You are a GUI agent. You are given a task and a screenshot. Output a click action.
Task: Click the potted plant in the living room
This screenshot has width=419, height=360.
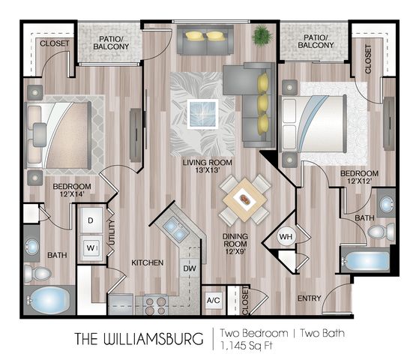(x=262, y=35)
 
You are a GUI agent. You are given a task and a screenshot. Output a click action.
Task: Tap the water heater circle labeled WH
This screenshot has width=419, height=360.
(x=286, y=236)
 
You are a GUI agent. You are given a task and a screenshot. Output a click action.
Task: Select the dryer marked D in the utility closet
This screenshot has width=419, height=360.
(x=91, y=220)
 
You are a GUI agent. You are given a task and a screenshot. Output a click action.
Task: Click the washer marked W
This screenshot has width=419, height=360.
(x=91, y=248)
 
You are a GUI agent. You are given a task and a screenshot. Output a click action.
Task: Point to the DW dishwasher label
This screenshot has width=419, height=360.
(x=190, y=268)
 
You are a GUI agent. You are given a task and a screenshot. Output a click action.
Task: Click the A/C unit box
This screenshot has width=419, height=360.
(x=213, y=300)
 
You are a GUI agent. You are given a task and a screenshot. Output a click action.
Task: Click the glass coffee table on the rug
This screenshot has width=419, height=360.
(x=202, y=114)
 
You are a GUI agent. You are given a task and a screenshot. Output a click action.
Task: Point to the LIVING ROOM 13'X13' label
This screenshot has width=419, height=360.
(x=208, y=166)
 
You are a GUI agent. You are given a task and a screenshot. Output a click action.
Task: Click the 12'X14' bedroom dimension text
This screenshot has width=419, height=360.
(x=72, y=194)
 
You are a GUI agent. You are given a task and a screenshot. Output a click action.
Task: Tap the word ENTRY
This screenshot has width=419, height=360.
(x=309, y=298)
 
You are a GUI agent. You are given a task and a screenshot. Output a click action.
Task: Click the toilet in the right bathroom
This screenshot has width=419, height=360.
(x=381, y=231)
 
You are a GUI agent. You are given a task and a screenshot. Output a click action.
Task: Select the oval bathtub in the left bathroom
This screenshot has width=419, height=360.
(x=49, y=300)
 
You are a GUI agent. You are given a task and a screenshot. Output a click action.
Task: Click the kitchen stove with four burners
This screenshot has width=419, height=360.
(x=155, y=305)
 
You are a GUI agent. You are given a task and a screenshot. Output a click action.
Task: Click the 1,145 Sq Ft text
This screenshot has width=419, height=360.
(x=246, y=346)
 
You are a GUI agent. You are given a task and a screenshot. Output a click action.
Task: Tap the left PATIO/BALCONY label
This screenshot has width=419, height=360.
(x=111, y=43)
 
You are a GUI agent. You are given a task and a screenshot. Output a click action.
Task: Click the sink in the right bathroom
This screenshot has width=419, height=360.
(x=387, y=204)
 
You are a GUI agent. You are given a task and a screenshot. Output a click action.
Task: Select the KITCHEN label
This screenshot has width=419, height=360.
(x=147, y=262)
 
